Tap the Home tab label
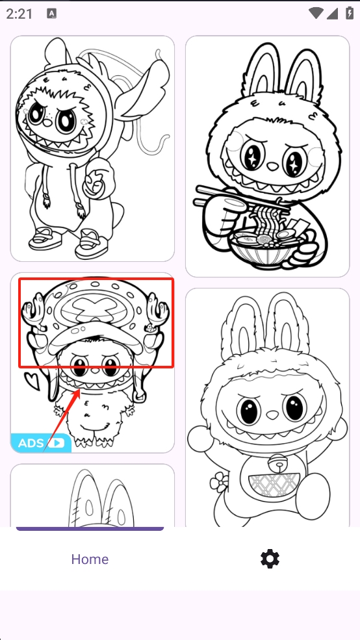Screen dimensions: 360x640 pos(90,559)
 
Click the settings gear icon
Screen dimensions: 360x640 pos(270,558)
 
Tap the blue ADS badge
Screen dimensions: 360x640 pos(41,443)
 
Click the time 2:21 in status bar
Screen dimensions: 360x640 pos(19,14)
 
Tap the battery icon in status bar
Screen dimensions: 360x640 pos(350,13)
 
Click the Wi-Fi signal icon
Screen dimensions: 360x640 pos(316,13)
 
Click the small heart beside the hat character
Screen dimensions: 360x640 pos(32,380)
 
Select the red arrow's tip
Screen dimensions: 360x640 pos(80,390)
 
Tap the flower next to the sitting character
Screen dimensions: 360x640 pos(219,482)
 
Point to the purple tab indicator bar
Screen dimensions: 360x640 pos(90,529)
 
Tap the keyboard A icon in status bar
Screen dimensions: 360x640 pos(52,14)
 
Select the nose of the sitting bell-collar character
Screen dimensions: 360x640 pos(272,415)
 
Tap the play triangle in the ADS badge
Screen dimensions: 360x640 pos(56,443)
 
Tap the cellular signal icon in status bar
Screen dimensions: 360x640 pos(332,14)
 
